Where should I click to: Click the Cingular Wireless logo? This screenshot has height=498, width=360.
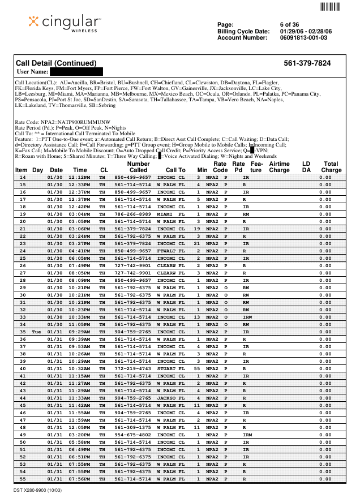(65, 23)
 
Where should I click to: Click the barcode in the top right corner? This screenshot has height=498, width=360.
(330, 7)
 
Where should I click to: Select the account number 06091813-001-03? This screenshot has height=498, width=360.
(303, 38)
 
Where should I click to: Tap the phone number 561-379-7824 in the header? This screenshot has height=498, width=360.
(307, 63)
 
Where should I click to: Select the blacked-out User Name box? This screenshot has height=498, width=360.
(76, 72)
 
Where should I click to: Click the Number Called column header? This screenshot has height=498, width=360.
(138, 166)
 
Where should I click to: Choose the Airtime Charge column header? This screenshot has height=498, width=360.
(279, 166)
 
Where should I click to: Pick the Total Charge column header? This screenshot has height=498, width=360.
(331, 166)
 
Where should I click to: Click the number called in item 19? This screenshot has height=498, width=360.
(133, 214)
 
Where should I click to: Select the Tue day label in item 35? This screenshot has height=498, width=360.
(37, 332)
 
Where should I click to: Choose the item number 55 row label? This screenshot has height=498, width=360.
(23, 479)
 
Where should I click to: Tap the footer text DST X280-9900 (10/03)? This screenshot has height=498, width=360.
(37, 490)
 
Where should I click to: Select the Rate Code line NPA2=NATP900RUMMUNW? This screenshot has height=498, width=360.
(62, 122)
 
